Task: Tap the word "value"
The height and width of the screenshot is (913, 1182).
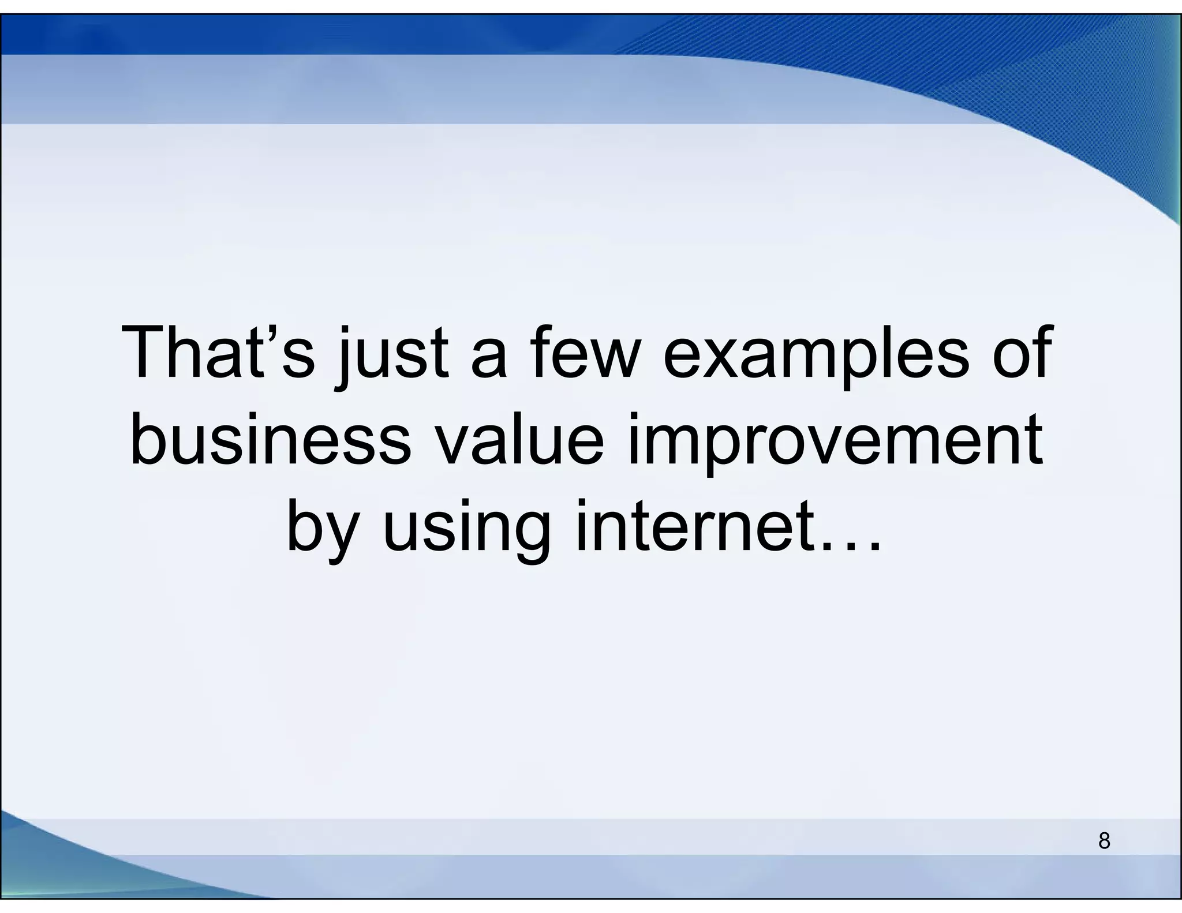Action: tap(519, 440)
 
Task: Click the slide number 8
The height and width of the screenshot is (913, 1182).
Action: tap(1104, 840)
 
